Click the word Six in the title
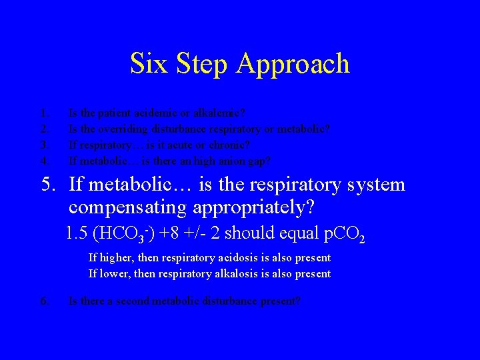[x=147, y=64]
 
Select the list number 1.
[x=43, y=113]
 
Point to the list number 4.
[x=44, y=161]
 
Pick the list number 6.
[x=44, y=301]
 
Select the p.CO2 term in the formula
[x=343, y=235]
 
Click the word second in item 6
[x=137, y=301]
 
